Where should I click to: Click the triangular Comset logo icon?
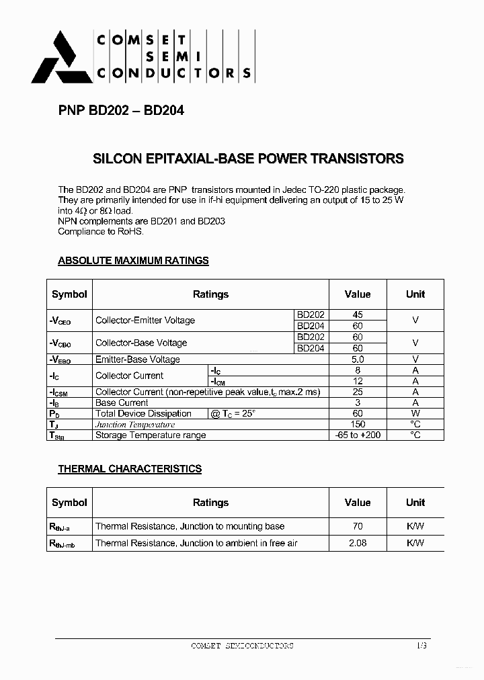61,58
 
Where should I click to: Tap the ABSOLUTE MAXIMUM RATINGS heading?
133,261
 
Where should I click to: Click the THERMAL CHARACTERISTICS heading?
130,469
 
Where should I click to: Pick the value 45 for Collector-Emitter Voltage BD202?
357,314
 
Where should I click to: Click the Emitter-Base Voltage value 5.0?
357,359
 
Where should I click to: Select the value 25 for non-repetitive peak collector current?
357,392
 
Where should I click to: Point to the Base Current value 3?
357,402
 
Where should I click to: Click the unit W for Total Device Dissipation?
415,413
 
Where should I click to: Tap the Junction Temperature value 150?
357,424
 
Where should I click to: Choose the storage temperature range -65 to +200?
357,435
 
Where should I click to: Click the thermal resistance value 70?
357,526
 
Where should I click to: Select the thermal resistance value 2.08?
357,543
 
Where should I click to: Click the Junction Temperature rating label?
135,425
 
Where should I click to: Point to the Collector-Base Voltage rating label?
141,343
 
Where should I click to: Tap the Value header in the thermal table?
357,503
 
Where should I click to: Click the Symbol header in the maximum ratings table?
69,294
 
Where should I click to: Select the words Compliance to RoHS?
101,231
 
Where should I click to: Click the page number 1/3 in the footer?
421,645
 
